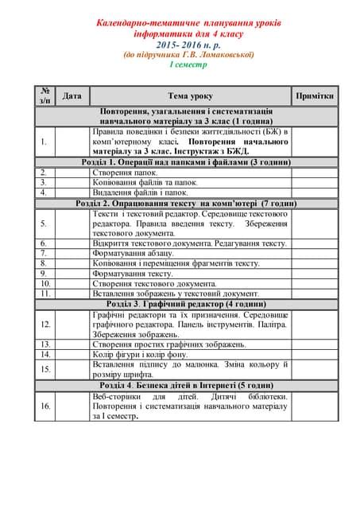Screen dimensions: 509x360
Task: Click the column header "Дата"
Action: point(72,95)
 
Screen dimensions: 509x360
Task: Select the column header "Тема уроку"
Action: point(190,95)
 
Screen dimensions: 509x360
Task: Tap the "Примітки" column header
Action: point(315,95)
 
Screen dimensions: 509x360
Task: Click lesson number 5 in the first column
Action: point(44,223)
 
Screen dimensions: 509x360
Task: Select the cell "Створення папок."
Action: point(125,172)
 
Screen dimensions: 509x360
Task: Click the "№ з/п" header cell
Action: point(45,95)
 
